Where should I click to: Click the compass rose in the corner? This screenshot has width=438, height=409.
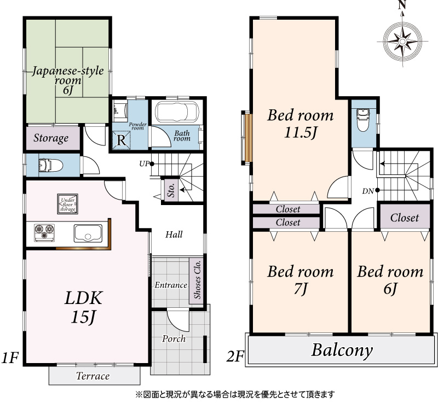tap(402, 42)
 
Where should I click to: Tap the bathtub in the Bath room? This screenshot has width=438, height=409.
tap(177, 111)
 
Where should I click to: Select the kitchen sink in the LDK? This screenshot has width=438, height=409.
tap(88, 233)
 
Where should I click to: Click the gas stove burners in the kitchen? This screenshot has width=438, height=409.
tap(44, 232)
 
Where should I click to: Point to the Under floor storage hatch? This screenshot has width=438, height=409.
tap(67, 204)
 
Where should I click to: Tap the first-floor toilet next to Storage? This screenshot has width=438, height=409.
tap(50, 165)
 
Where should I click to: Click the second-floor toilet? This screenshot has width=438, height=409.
tap(363, 120)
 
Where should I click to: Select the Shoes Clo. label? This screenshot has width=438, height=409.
tap(197, 280)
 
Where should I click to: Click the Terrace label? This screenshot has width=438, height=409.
tap(93, 376)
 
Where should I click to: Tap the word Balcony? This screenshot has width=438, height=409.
tap(342, 350)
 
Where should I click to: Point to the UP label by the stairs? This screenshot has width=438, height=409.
tap(144, 164)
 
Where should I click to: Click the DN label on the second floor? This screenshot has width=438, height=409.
tap(368, 191)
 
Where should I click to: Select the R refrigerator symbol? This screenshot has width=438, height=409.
tap(121, 140)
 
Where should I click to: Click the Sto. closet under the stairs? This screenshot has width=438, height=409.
tap(171, 190)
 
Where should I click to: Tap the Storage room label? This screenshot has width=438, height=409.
tap(51, 138)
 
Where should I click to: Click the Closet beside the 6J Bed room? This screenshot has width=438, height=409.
tap(405, 217)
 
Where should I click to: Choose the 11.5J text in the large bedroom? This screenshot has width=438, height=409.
tap(301, 132)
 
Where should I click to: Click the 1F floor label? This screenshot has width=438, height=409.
tap(10, 358)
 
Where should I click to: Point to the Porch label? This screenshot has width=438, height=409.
tap(174, 338)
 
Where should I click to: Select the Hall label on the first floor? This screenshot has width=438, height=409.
tap(174, 235)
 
